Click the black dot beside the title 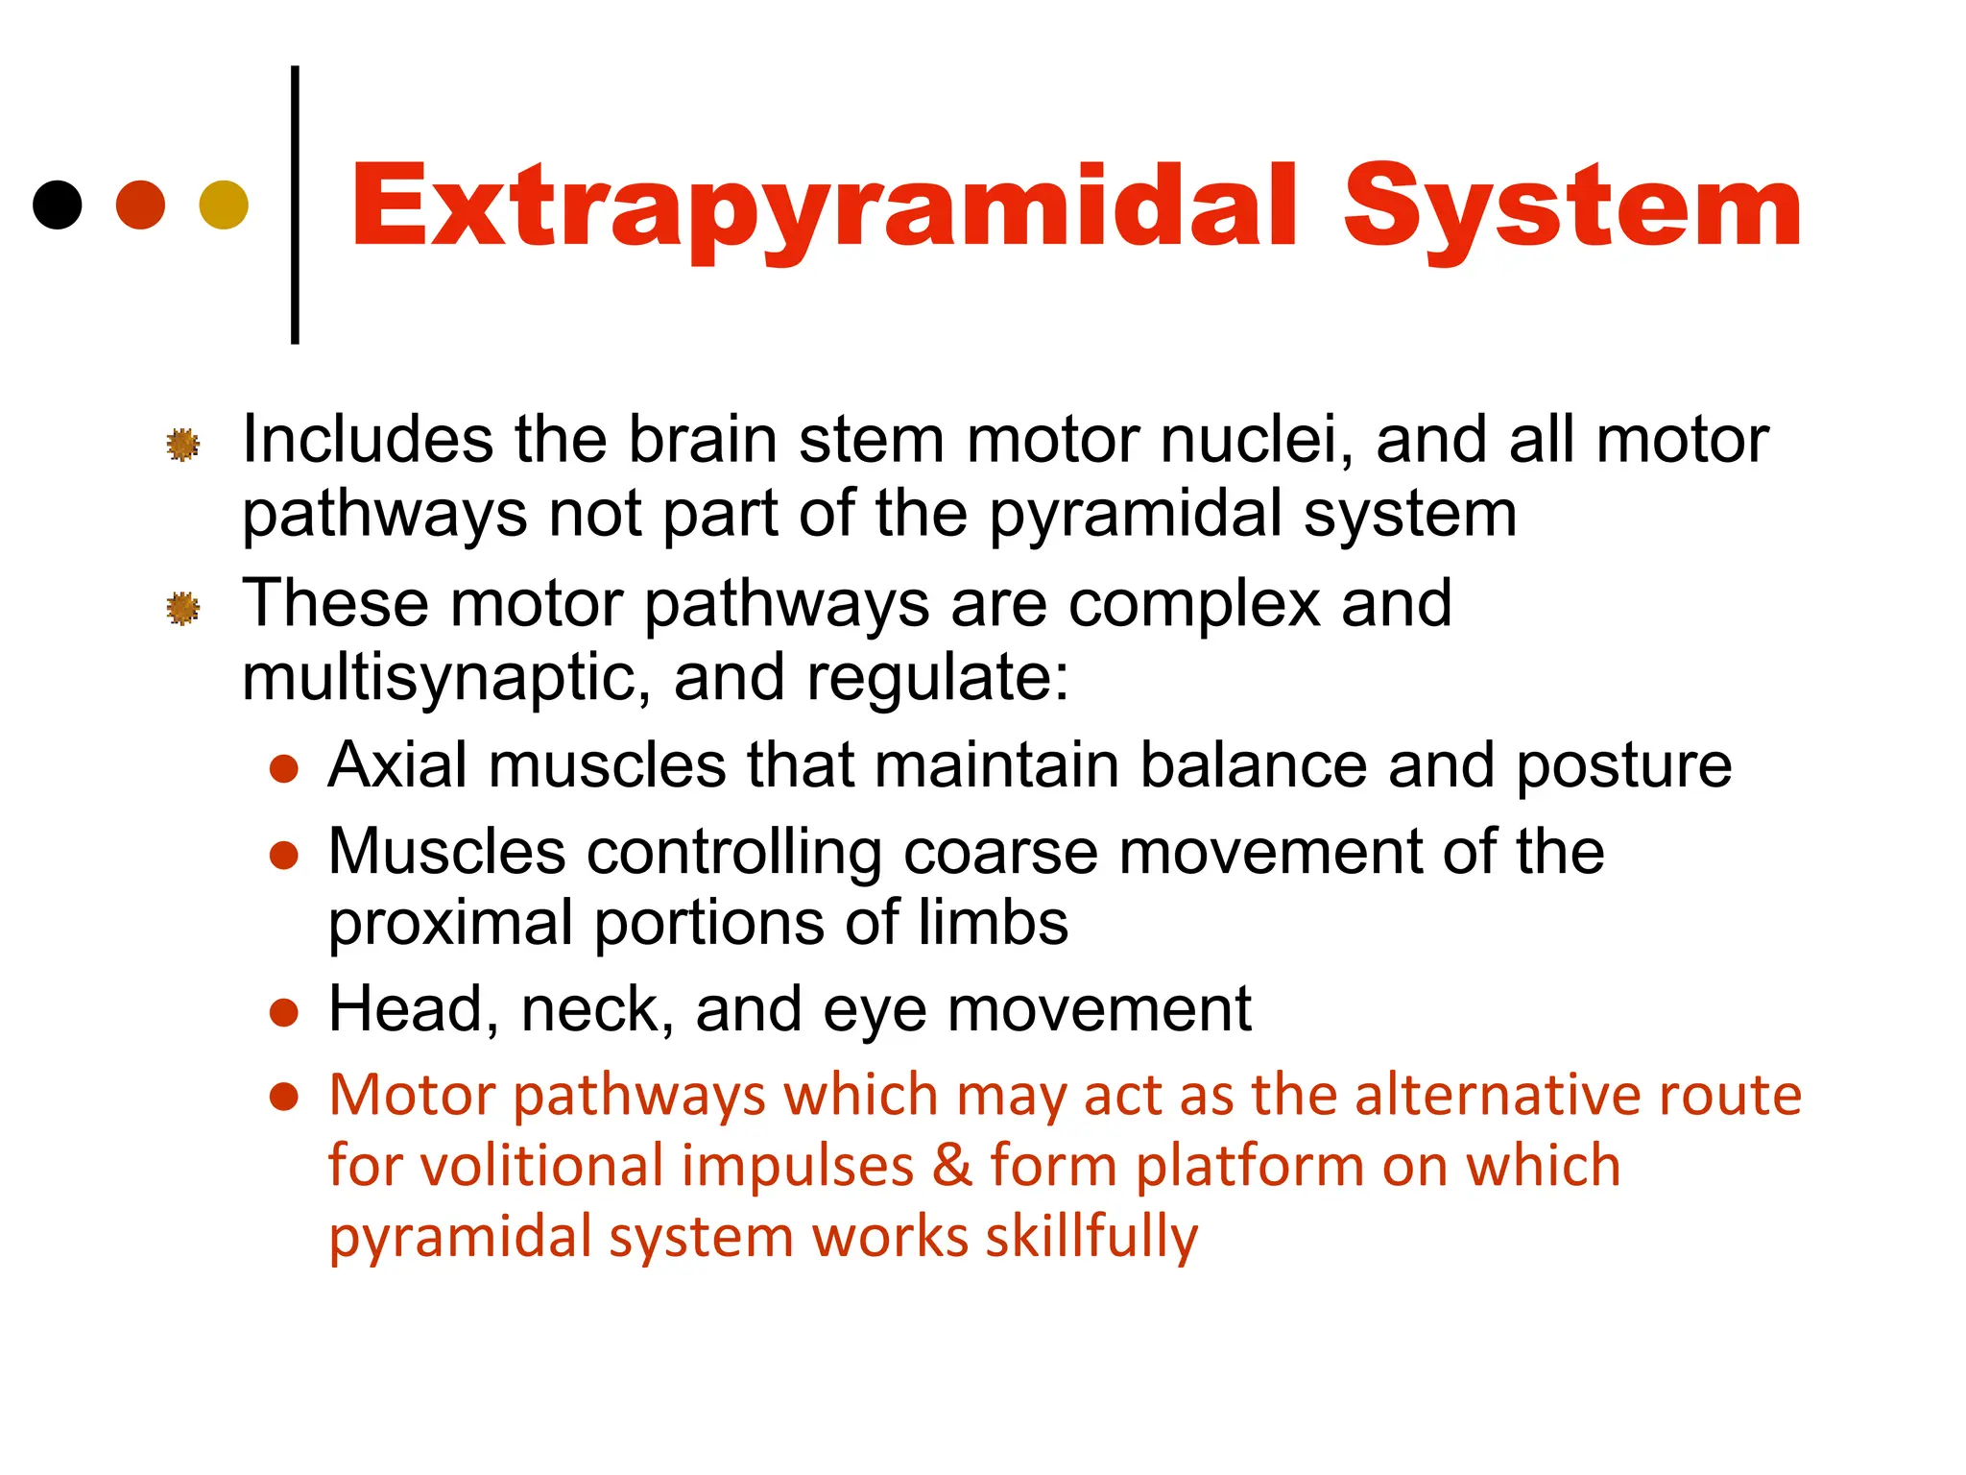[58, 205]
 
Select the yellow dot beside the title [224, 205]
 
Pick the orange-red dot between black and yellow [140, 205]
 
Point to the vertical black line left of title [295, 204]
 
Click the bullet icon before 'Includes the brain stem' [182, 445]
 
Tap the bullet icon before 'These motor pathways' [182, 608]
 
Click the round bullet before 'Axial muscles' [284, 768]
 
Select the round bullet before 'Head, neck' [284, 1012]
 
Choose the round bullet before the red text [284, 1097]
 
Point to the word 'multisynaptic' [438, 679]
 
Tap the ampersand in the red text [952, 1166]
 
